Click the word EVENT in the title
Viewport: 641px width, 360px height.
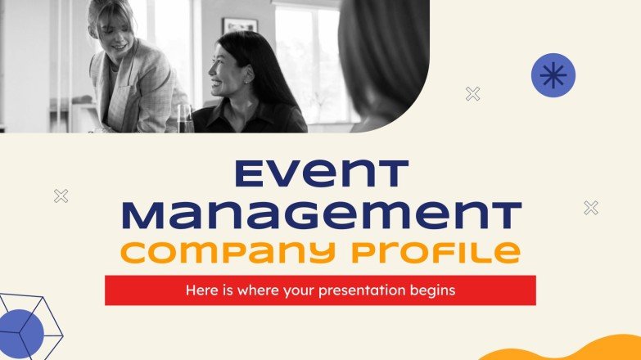(x=320, y=174)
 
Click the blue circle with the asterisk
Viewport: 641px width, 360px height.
(x=553, y=75)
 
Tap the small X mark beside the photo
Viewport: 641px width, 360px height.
(x=472, y=94)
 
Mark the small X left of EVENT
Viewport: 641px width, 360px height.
(x=61, y=196)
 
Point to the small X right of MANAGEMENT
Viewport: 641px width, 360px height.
(x=591, y=208)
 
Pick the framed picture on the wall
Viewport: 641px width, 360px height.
(x=239, y=25)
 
